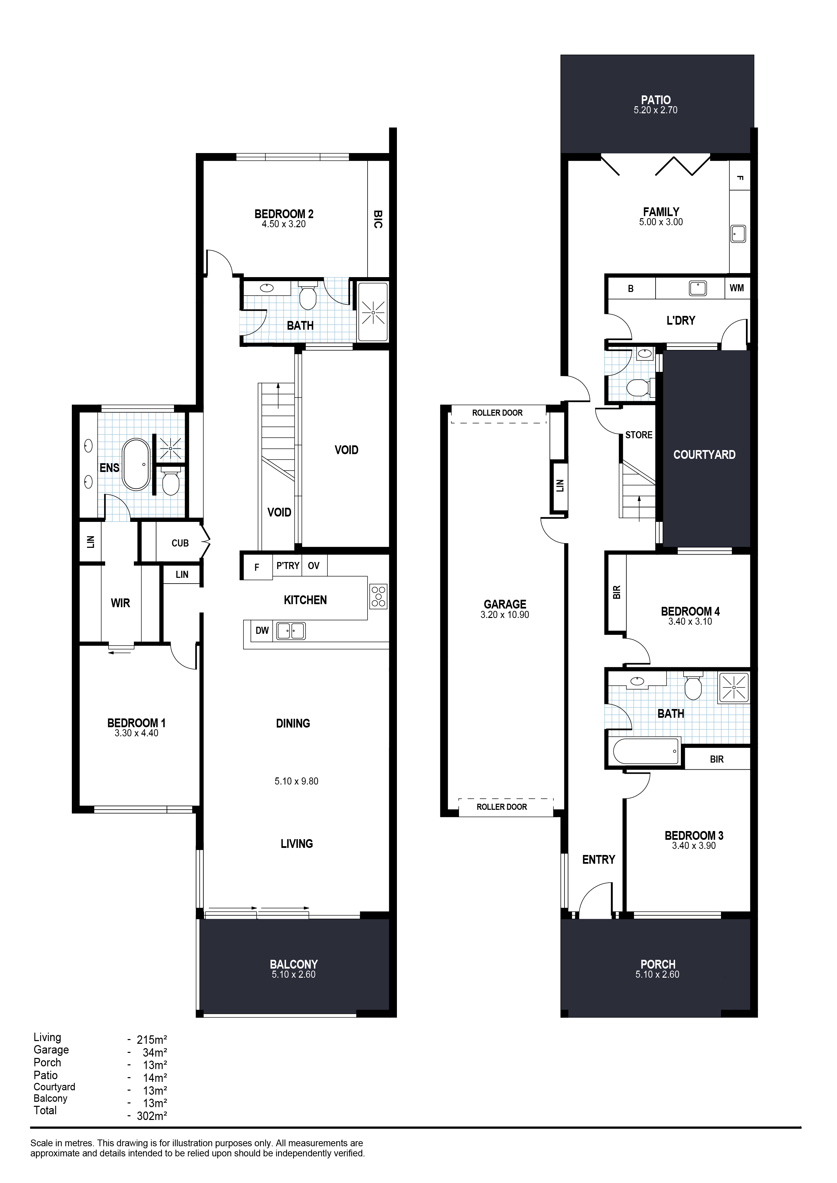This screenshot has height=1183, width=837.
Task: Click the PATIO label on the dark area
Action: pos(656,100)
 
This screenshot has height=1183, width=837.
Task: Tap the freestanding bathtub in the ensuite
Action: pos(136,464)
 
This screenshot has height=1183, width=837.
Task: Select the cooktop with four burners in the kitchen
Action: pos(378,597)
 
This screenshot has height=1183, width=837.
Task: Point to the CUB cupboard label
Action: pos(180,543)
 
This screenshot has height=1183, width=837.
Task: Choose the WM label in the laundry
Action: pos(737,288)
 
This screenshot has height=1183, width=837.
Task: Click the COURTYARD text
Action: pos(704,454)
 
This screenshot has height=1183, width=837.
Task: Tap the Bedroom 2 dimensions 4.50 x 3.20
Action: pos(284,224)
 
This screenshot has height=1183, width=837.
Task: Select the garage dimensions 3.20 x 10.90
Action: pos(504,615)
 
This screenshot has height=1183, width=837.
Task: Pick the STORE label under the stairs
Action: pos(639,435)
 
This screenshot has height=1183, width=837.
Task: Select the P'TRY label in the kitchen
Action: pos(288,566)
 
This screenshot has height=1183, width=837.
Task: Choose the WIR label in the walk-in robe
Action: pos(120,603)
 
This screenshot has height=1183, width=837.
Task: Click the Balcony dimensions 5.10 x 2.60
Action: pos(293,974)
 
